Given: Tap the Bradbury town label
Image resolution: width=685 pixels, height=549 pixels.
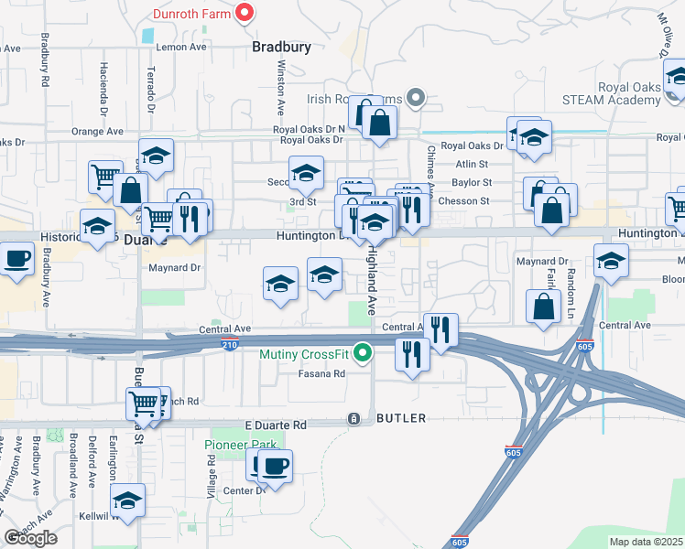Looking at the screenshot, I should (x=282, y=46).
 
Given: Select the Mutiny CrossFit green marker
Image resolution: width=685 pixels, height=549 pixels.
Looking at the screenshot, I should (x=364, y=352).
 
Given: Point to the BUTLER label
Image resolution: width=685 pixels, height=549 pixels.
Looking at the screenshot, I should (x=400, y=418).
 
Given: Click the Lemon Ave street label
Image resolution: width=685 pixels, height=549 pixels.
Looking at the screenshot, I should (x=182, y=47).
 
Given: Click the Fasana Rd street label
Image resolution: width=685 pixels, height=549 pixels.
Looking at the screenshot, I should (x=321, y=373).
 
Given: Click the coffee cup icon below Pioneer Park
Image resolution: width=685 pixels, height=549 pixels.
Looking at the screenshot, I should (x=274, y=467).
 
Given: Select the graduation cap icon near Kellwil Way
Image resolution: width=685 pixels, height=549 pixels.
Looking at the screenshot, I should (x=127, y=501).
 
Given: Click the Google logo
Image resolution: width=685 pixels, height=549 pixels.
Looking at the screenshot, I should (x=30, y=538).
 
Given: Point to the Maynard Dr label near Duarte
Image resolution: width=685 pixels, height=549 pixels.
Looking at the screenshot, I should (x=174, y=268).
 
